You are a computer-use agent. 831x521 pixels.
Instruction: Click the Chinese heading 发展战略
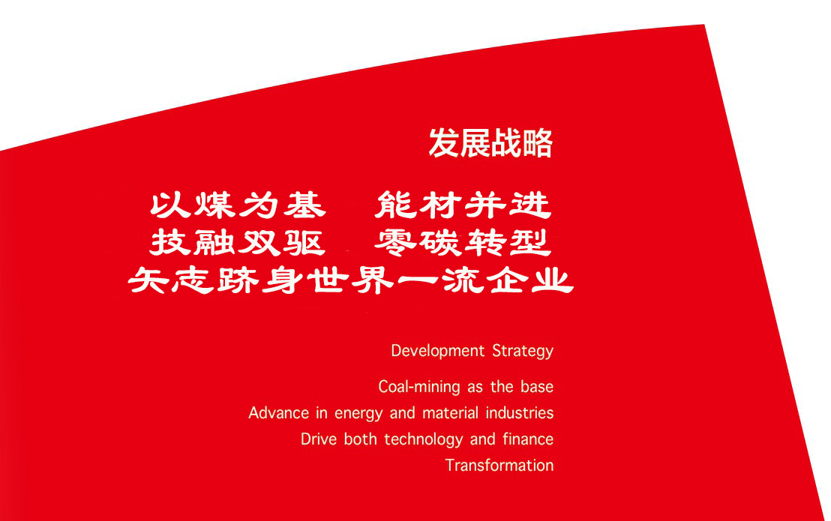coord(490,143)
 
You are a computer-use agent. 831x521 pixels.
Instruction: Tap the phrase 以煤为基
coord(238,205)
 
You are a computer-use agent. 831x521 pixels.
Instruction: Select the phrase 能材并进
coord(463,205)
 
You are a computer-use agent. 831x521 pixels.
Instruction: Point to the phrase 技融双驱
coord(238,243)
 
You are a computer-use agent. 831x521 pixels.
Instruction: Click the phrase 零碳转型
coord(463,243)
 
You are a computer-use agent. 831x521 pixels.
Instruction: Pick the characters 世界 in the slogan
coord(351,280)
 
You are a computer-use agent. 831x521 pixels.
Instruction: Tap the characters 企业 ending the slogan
coord(530,280)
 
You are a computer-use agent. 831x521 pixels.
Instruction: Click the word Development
coord(438,351)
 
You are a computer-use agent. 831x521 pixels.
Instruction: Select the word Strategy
coord(523,352)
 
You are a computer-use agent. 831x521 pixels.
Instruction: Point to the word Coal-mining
coord(419,387)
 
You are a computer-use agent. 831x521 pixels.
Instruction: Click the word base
coord(537,387)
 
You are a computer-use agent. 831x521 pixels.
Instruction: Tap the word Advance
coord(279,413)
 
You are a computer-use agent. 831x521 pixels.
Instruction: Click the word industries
coord(520,413)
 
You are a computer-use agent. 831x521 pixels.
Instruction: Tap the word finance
coord(528,439)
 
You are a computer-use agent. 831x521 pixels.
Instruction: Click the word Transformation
coord(499,466)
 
